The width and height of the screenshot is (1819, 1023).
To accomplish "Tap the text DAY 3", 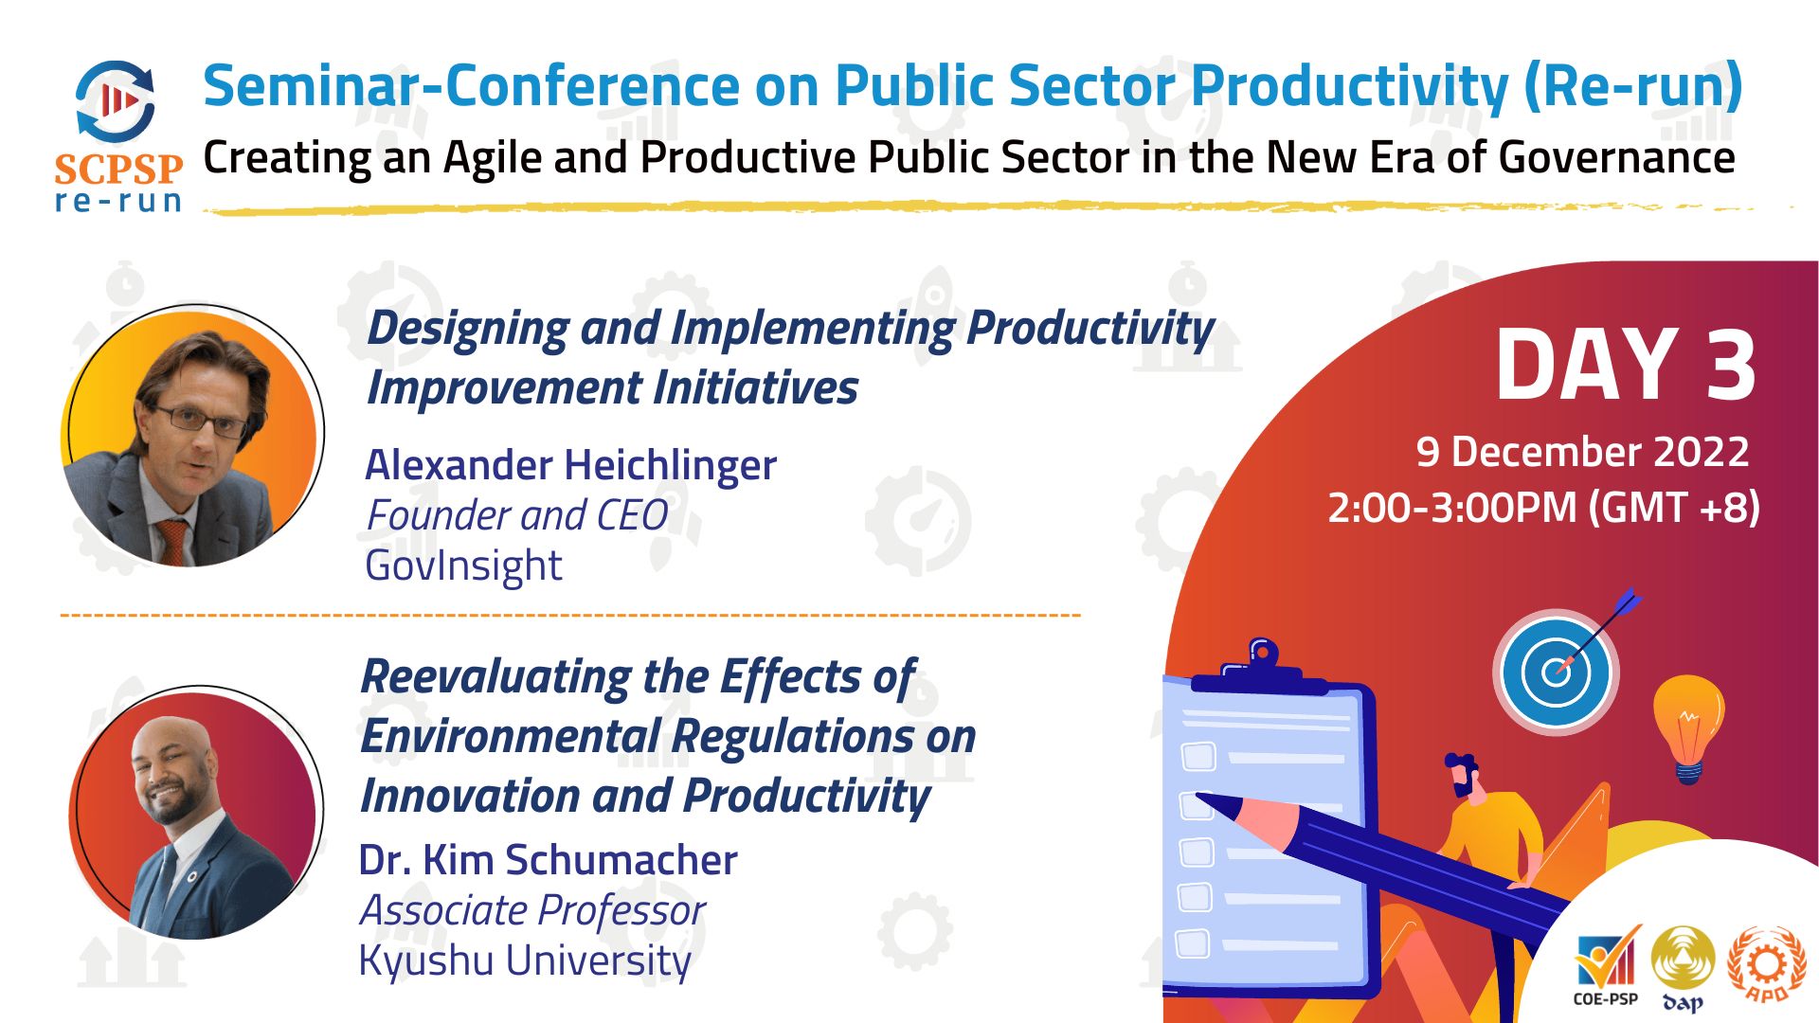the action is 1626,366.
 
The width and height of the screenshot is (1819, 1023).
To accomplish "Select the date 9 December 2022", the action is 1582,452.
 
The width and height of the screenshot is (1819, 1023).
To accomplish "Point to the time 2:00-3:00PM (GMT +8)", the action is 1543,508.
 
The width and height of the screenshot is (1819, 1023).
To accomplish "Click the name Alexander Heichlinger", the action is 570,465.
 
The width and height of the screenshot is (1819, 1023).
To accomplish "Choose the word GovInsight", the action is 463,566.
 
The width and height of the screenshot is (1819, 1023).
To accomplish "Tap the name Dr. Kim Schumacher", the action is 548,860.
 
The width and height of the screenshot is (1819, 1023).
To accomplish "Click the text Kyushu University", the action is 525,960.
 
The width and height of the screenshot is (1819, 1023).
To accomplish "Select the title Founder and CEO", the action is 517,516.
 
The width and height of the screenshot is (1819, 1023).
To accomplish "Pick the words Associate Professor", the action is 532,911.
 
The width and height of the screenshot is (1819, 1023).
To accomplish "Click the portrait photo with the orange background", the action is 193,436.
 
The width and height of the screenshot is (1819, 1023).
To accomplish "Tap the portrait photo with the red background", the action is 196,813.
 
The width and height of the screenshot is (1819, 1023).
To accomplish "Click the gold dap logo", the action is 1683,968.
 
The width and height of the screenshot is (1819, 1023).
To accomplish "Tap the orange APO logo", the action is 1767,964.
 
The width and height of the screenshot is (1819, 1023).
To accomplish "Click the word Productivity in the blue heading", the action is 1349,85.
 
